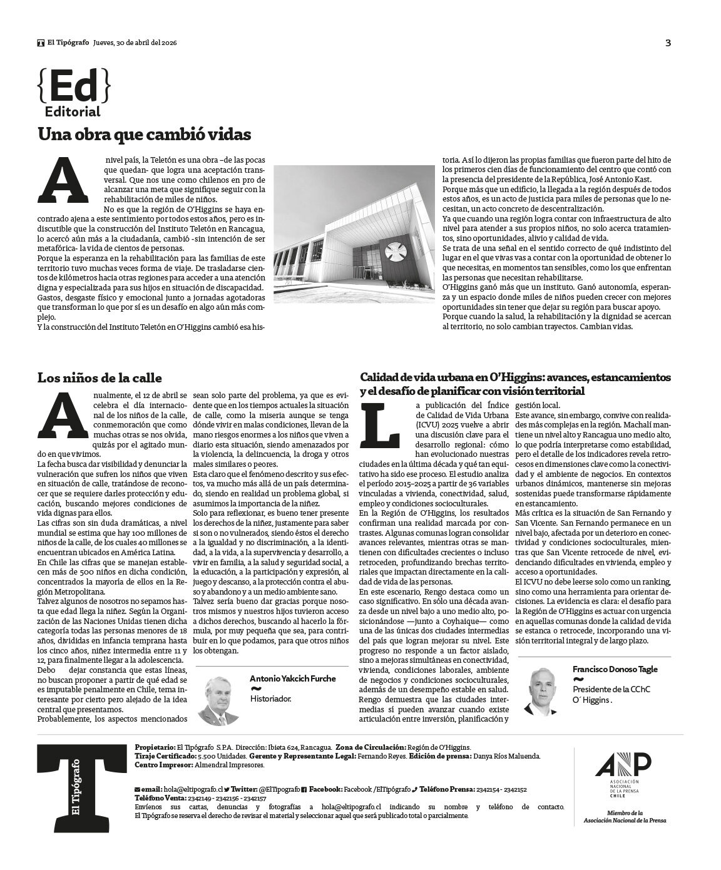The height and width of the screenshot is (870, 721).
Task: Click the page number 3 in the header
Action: pos(668,43)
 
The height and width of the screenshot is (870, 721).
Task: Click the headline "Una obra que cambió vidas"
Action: pos(144,135)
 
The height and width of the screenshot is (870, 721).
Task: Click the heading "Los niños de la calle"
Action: pos(100,378)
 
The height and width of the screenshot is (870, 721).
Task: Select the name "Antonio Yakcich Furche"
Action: pos(292,678)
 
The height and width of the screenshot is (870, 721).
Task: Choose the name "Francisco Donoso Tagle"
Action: pos(615,669)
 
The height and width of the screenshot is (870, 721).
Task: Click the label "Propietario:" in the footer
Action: pos(155,747)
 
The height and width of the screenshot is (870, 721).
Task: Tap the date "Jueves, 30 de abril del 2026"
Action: pos(135,43)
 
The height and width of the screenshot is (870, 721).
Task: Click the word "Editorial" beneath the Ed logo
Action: pos(73,112)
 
